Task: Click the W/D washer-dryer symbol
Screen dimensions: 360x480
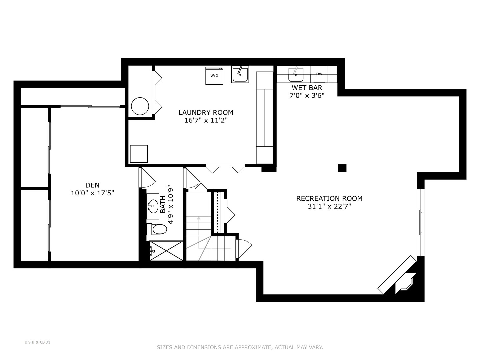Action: click(214, 76)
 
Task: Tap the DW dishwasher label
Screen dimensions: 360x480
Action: click(319, 74)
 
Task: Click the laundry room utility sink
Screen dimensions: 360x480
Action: click(240, 74)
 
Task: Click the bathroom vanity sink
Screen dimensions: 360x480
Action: click(153, 205)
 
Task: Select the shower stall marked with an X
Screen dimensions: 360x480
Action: click(166, 251)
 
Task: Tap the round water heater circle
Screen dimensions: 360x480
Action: click(140, 107)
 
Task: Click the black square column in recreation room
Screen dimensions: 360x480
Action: click(342, 168)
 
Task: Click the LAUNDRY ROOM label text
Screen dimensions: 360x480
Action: click(206, 113)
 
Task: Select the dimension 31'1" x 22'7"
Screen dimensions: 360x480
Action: click(329, 207)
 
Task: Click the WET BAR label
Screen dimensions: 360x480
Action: click(307, 88)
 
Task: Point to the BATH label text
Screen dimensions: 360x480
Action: click(163, 204)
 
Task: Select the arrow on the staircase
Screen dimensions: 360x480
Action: click(199, 219)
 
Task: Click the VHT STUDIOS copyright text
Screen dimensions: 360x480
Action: click(37, 342)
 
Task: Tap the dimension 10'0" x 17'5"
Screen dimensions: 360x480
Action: click(92, 193)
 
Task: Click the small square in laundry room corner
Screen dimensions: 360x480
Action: click(139, 154)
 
